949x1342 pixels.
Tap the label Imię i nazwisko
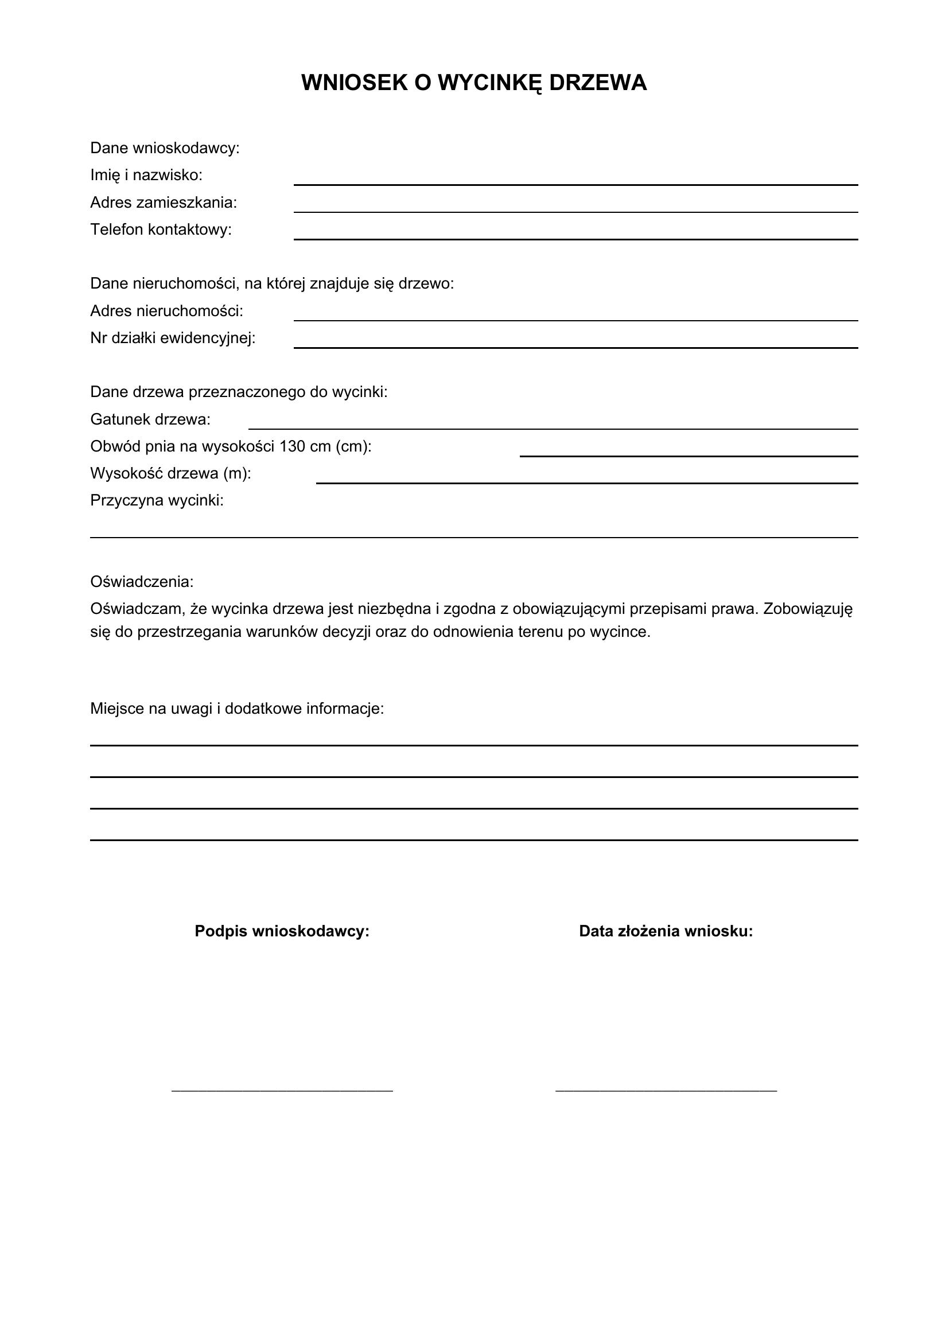click(146, 175)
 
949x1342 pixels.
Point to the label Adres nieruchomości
click(166, 311)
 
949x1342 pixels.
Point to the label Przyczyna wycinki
click(157, 500)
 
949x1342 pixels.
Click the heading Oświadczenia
click(141, 582)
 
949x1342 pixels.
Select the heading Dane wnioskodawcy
click(165, 148)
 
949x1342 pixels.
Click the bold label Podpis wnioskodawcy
click(282, 931)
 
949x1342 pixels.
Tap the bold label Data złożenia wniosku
click(666, 931)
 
